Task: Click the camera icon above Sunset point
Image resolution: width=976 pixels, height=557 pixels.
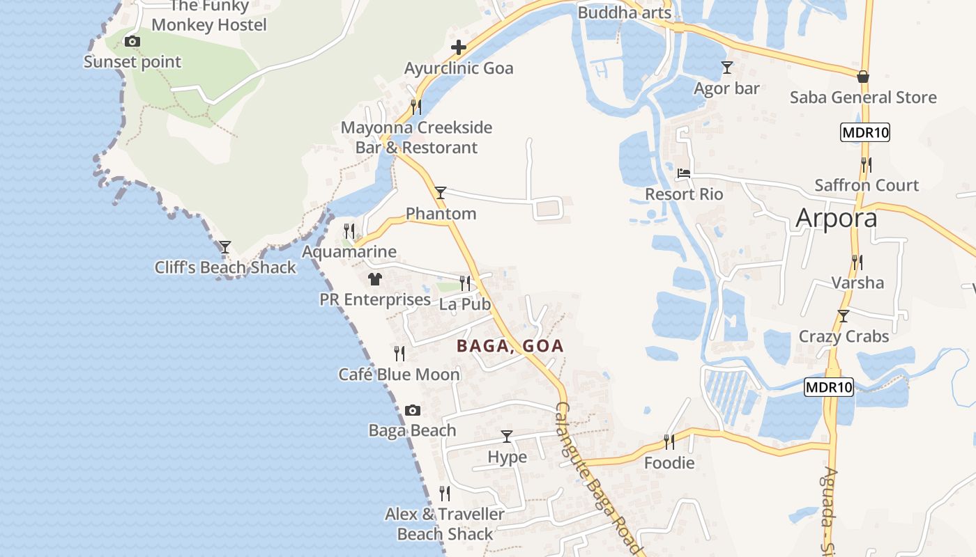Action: point(132,42)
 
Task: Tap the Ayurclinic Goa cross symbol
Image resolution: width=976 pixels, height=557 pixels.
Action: point(459,47)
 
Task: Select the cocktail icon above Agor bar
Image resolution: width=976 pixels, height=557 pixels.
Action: point(727,68)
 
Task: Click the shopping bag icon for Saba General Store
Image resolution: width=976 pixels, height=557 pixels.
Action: point(863,76)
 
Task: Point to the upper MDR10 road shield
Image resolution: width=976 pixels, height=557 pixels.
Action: point(865,132)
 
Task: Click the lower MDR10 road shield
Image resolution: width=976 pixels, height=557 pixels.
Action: point(829,387)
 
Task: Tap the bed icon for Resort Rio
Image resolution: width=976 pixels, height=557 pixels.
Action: point(684,173)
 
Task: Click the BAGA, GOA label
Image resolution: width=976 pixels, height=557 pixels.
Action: point(510,346)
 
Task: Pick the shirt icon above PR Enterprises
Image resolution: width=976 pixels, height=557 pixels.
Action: point(375,279)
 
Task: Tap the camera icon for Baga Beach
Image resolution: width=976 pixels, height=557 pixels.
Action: point(413,410)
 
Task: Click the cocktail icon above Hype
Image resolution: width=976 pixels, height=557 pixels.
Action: point(507,437)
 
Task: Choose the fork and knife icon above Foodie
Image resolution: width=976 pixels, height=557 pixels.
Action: point(669,441)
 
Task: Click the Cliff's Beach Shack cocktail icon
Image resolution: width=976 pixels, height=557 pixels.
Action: point(224,247)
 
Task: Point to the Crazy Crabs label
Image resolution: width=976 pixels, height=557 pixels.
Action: point(844,336)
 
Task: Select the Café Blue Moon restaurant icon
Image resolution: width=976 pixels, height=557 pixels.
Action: point(399,354)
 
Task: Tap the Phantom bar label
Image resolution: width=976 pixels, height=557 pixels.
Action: point(441,214)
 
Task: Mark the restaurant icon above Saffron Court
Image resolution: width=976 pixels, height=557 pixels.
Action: point(866,165)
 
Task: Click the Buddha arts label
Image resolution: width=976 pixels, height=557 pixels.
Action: point(624,13)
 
